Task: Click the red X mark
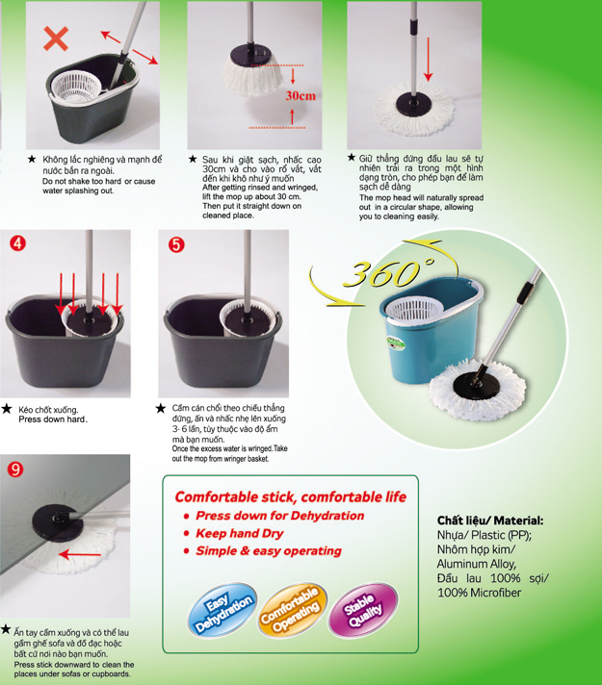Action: [x=56, y=38]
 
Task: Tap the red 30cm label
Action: [x=301, y=95]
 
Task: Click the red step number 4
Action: [x=18, y=242]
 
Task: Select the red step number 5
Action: [x=177, y=244]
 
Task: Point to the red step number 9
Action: [x=15, y=469]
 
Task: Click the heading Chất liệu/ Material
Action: [x=490, y=520]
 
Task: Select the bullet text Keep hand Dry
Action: [x=240, y=533]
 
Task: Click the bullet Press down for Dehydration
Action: [x=280, y=516]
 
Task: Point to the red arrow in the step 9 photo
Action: [x=80, y=555]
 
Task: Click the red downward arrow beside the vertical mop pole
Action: [x=429, y=59]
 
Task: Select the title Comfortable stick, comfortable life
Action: [x=291, y=497]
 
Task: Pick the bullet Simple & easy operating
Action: [x=269, y=551]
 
